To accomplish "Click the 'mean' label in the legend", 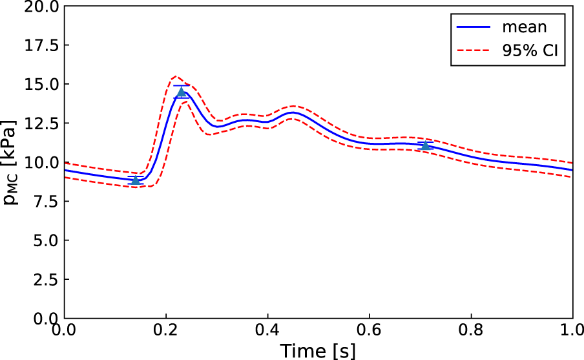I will pyautogui.click(x=525, y=27).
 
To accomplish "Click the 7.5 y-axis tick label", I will pyautogui.click(x=45, y=202).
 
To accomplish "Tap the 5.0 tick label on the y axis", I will pyautogui.click(x=45, y=240).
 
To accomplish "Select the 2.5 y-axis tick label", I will pyautogui.click(x=45, y=279).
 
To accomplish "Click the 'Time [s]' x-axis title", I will pyautogui.click(x=317, y=350).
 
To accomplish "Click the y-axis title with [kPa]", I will pyautogui.click(x=13, y=162).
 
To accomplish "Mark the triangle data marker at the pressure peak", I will pyautogui.click(x=182, y=92).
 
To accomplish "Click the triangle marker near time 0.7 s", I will pyautogui.click(x=425, y=145).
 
